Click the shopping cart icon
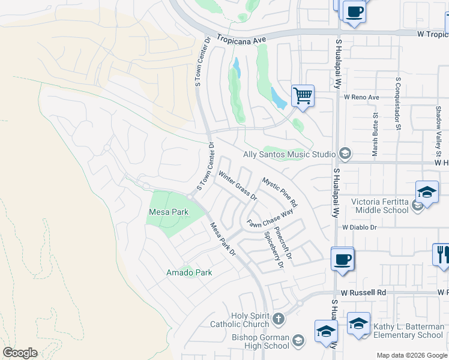(303, 95)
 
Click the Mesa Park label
(169, 212)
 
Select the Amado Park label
(189, 273)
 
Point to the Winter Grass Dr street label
(237, 186)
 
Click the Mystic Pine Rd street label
(279, 193)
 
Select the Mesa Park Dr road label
(221, 241)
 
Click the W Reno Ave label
(361, 97)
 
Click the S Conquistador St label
(397, 103)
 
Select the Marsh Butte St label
(375, 136)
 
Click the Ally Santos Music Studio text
(289, 155)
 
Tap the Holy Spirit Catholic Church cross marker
(279, 319)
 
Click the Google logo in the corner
(20, 352)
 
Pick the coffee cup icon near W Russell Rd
(342, 259)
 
